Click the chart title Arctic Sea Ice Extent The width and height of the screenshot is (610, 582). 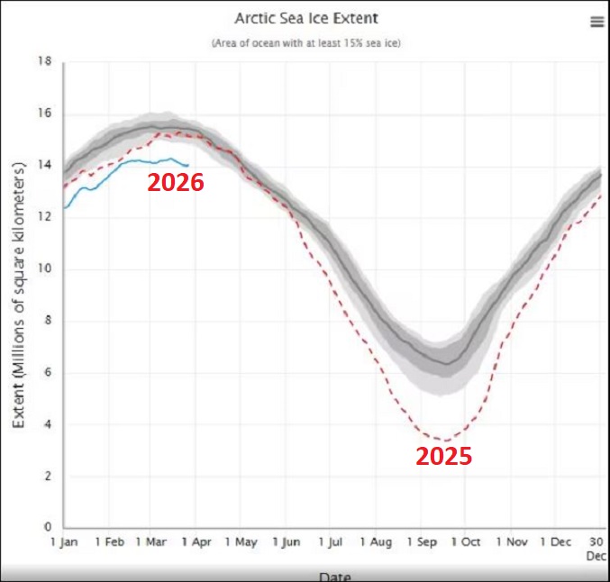coord(305,19)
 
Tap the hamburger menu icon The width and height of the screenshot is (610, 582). coord(596,23)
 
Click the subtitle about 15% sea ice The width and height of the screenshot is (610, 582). coord(305,42)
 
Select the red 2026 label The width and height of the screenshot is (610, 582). coord(176,183)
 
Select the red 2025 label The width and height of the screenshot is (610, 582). coord(443,456)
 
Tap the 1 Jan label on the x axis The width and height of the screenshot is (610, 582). coord(65,543)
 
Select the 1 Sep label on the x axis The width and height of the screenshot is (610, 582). coord(422,543)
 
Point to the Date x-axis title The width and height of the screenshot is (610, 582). coord(333,576)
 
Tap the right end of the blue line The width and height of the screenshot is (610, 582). coord(188,165)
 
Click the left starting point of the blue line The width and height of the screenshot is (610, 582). coord(64,208)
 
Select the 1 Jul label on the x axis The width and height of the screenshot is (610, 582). coord(332,543)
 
